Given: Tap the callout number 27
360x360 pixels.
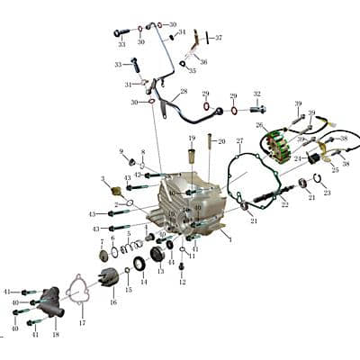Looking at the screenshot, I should click(239, 141).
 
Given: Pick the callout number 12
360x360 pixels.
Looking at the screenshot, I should click(182, 282).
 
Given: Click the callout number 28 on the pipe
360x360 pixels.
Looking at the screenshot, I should click(184, 92).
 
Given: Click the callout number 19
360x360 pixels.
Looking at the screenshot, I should click(192, 138).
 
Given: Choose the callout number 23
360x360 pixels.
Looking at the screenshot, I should click(327, 193).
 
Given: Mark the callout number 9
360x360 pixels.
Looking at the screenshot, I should click(121, 151).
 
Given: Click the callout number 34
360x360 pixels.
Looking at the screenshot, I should click(182, 31).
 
